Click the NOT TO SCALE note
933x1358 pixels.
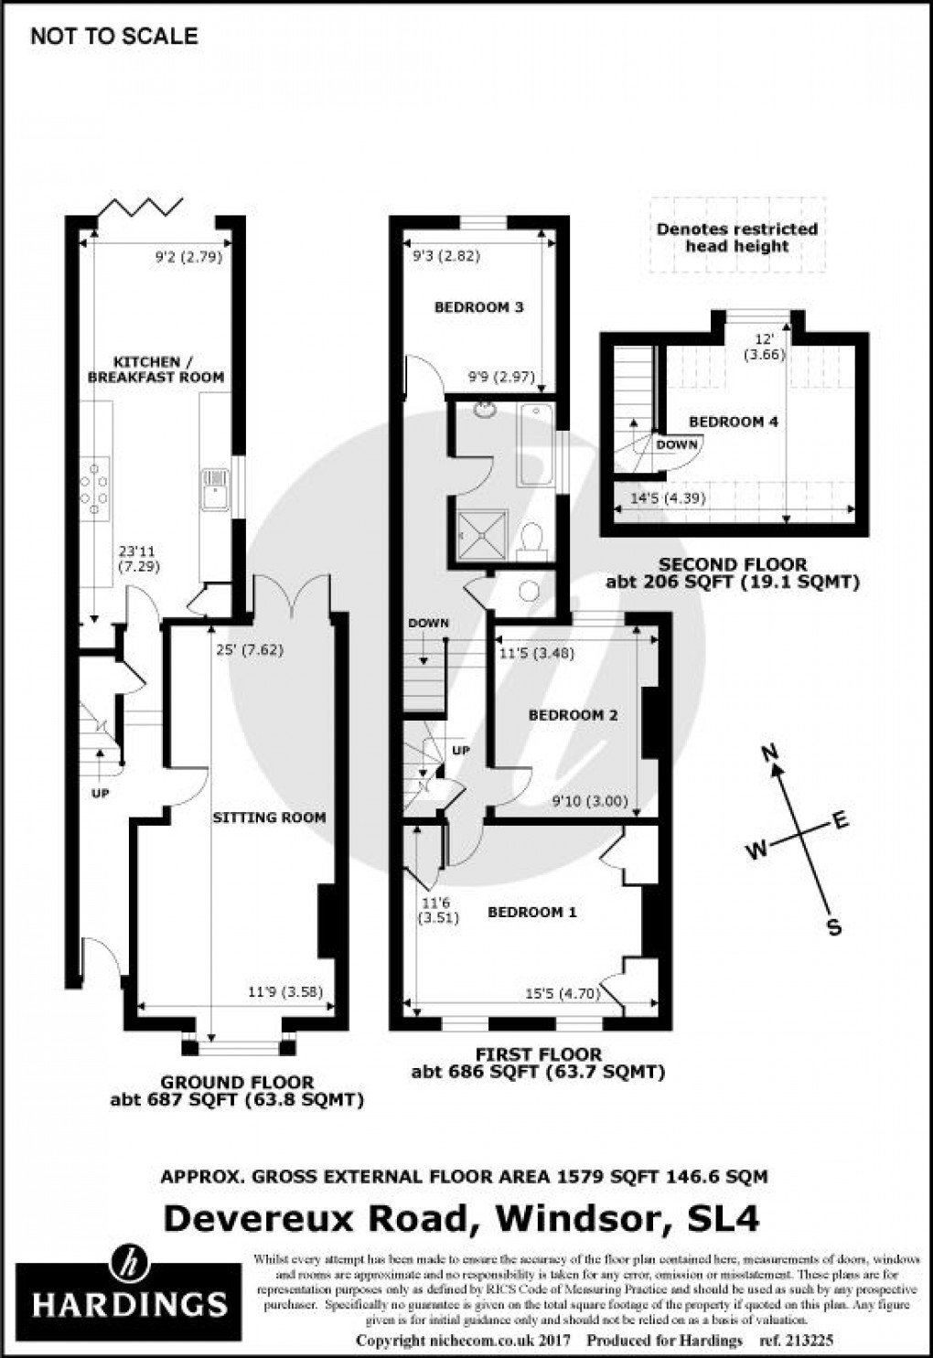(x=113, y=37)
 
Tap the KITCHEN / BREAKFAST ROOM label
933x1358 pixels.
(x=155, y=369)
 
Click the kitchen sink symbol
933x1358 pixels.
(x=215, y=487)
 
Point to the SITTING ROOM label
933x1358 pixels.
(x=269, y=817)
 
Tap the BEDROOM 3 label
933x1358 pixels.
(x=478, y=307)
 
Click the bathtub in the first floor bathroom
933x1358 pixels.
(x=535, y=444)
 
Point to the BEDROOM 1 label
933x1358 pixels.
(x=531, y=912)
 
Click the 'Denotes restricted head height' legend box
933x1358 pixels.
(x=737, y=237)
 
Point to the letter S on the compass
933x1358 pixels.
(x=833, y=927)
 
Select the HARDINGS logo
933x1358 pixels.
(x=129, y=1290)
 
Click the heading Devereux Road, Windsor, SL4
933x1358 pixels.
(x=461, y=1218)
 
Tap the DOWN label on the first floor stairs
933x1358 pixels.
(x=428, y=623)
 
